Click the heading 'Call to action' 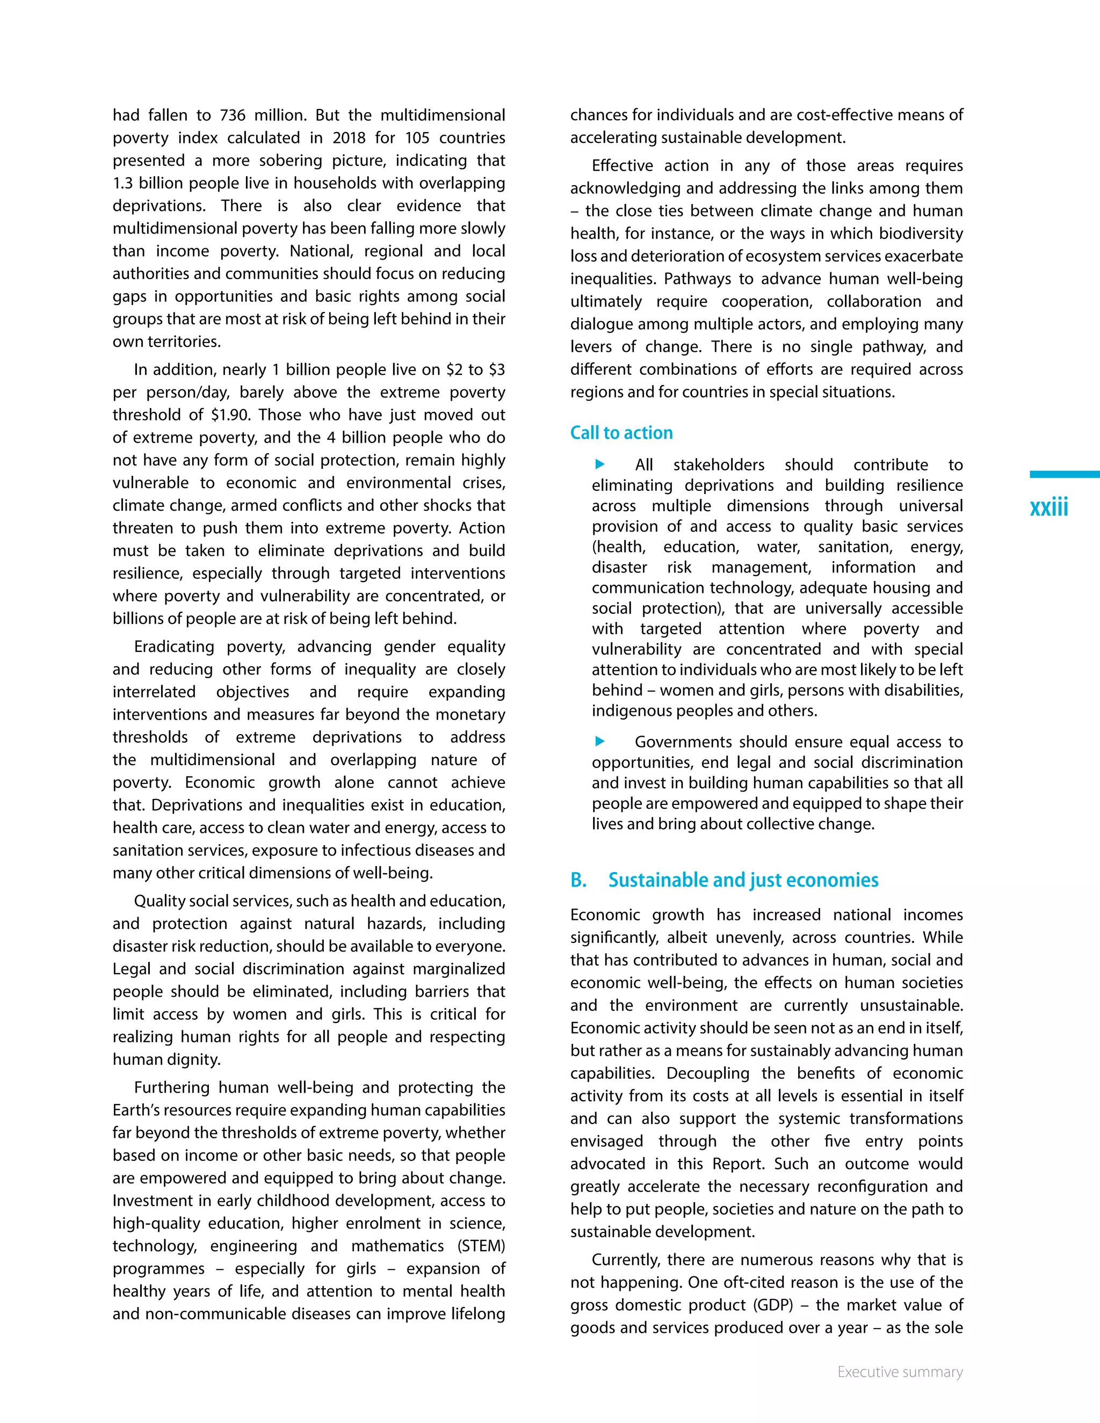click(x=621, y=433)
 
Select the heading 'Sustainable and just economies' click(x=743, y=880)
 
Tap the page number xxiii click(x=1048, y=507)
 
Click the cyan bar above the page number click(x=1064, y=475)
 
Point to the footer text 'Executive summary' click(x=900, y=1371)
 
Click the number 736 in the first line click(x=233, y=115)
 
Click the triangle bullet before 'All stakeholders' click(x=600, y=464)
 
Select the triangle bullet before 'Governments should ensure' click(x=600, y=741)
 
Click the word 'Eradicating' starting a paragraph click(x=173, y=647)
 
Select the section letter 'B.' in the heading click(x=578, y=880)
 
